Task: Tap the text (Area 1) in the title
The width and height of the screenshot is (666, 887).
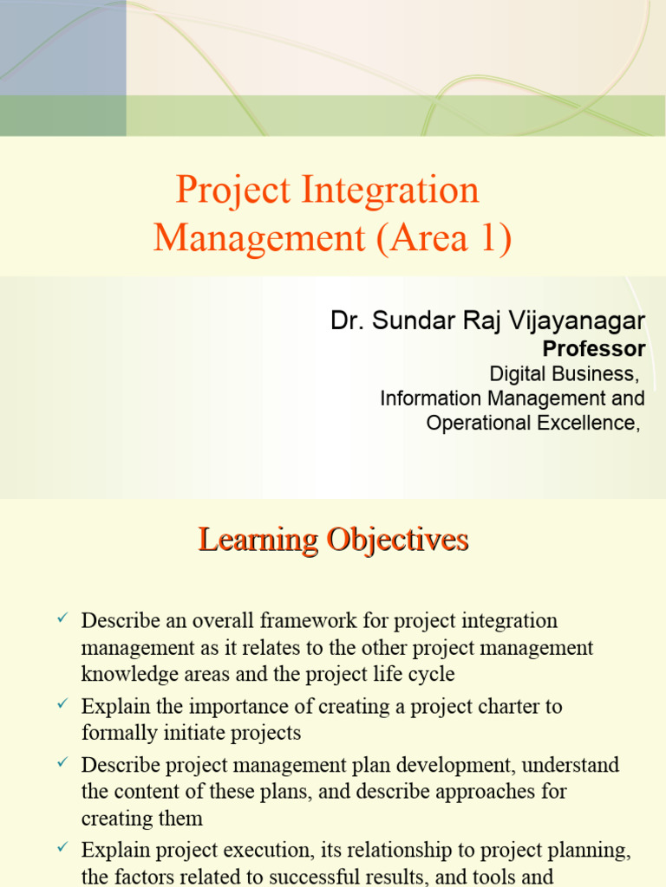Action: point(444,238)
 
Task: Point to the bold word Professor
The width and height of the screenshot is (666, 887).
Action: point(593,349)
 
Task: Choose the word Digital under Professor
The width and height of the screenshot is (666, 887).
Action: point(519,374)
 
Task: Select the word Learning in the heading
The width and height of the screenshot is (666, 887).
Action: point(258,540)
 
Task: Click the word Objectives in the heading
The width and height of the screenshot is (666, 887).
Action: point(398,540)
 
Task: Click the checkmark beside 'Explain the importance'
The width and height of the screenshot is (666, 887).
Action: point(62,704)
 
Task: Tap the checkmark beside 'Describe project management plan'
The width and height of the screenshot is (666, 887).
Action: point(62,763)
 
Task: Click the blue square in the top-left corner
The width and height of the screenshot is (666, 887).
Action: point(62,48)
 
